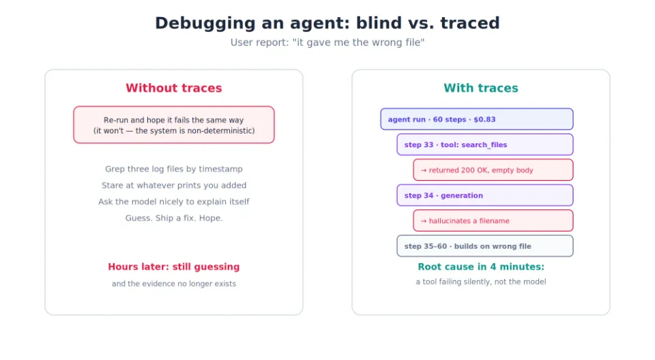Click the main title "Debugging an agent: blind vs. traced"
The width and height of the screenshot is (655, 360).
coord(327,23)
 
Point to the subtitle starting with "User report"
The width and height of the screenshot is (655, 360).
coord(327,42)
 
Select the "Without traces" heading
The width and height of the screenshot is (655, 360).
coord(174,88)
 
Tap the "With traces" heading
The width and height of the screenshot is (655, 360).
coord(481,88)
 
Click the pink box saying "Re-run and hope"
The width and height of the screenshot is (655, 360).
coord(174,125)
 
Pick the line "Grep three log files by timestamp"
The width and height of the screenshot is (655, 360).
coord(174,168)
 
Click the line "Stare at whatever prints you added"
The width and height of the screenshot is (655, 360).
coord(174,185)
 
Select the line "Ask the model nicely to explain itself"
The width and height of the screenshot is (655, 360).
coord(174,201)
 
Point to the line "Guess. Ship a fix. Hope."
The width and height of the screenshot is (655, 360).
coord(174,217)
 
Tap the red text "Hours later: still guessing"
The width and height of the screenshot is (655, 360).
coord(174,267)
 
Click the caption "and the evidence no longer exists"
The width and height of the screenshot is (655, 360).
coord(174,284)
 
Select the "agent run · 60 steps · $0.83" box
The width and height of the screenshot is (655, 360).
coord(477,119)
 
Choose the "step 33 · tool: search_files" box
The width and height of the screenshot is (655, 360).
coord(485,145)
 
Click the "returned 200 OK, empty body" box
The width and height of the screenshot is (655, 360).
coord(493,170)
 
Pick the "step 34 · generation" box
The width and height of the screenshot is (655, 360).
coord(485,195)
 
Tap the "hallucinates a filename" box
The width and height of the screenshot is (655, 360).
coord(493,220)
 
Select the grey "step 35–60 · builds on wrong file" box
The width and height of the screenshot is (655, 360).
coord(485,246)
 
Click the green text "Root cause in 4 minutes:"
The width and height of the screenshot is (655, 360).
coord(481,267)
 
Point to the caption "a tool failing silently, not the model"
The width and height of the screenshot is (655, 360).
coord(481,282)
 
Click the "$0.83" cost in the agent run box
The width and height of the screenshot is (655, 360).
coord(484,119)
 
